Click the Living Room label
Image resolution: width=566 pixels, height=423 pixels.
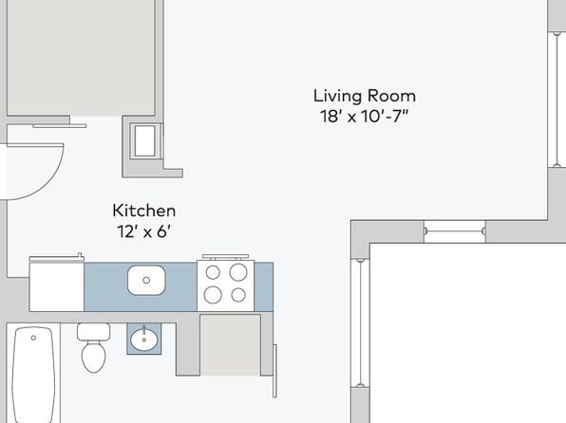[365, 97]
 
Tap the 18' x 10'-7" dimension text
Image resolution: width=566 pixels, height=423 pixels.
[365, 116]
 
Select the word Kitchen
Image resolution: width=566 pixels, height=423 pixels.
[144, 211]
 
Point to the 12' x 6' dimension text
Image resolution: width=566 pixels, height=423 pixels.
[144, 231]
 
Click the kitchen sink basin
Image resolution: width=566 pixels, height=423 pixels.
[146, 280]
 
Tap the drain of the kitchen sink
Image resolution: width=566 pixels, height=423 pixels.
[146, 280]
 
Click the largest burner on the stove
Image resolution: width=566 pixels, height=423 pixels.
[238, 272]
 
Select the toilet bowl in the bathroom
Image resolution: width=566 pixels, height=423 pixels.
[93, 357]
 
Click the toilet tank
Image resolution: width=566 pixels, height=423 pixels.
[93, 332]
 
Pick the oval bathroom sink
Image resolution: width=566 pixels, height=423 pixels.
[144, 340]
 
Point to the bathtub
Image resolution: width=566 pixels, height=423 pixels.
[33, 375]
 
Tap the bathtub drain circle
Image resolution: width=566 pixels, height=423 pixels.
[33, 338]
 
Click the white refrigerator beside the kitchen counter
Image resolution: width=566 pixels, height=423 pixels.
[57, 286]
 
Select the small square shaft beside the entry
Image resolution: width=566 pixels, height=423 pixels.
[145, 141]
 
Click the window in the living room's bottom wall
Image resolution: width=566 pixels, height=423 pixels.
[455, 231]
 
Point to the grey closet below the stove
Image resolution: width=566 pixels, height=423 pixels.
[231, 344]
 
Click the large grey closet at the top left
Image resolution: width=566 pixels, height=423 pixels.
[81, 58]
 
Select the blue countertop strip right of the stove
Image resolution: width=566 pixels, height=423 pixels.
[263, 286]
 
